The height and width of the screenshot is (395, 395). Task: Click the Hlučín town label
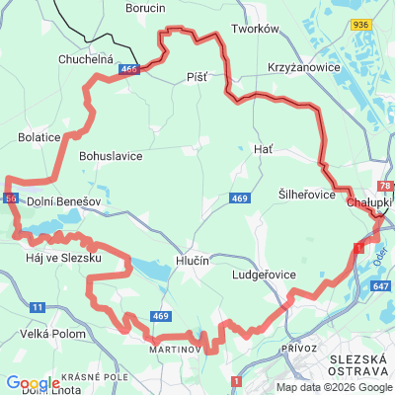[x=193, y=261]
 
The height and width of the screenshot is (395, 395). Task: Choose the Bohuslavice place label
[x=111, y=156]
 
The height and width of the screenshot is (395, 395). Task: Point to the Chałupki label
[x=369, y=202]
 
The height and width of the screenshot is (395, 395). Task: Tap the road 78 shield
[x=384, y=186]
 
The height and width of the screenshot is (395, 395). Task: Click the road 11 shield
[x=38, y=309]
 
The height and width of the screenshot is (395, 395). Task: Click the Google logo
[x=33, y=383]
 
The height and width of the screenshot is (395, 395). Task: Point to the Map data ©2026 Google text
[x=333, y=386]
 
